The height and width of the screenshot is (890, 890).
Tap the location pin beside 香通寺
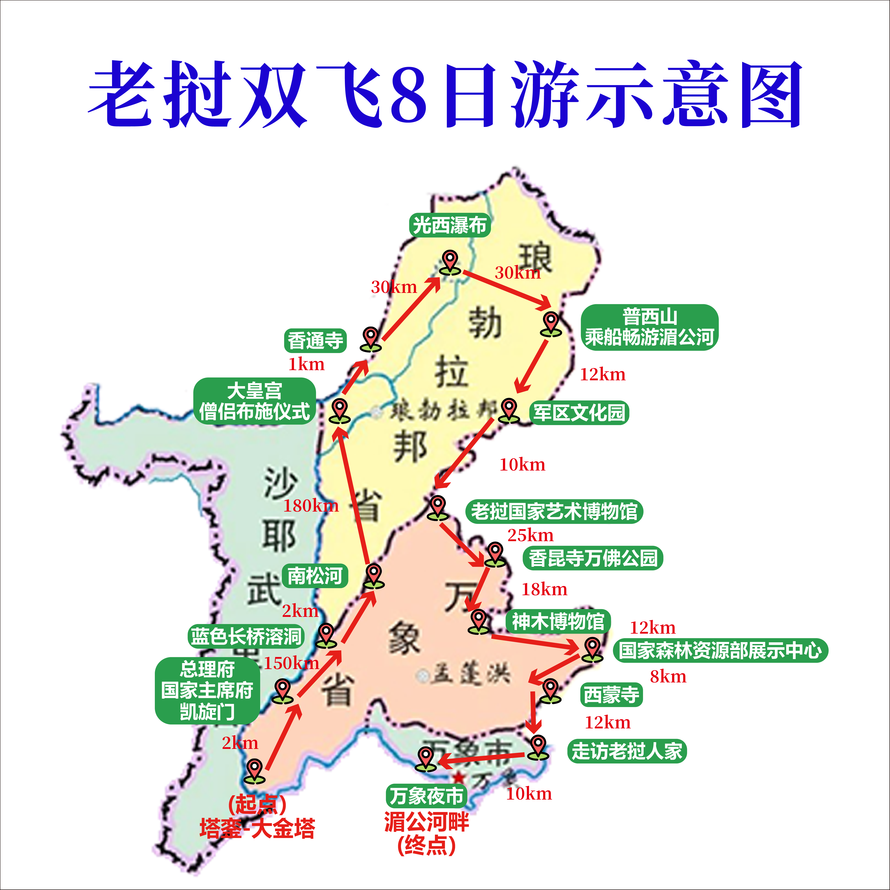(371, 339)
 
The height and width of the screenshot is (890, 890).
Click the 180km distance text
(311, 506)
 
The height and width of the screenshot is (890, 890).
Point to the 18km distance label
(544, 589)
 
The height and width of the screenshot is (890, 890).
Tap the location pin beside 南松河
(374, 576)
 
